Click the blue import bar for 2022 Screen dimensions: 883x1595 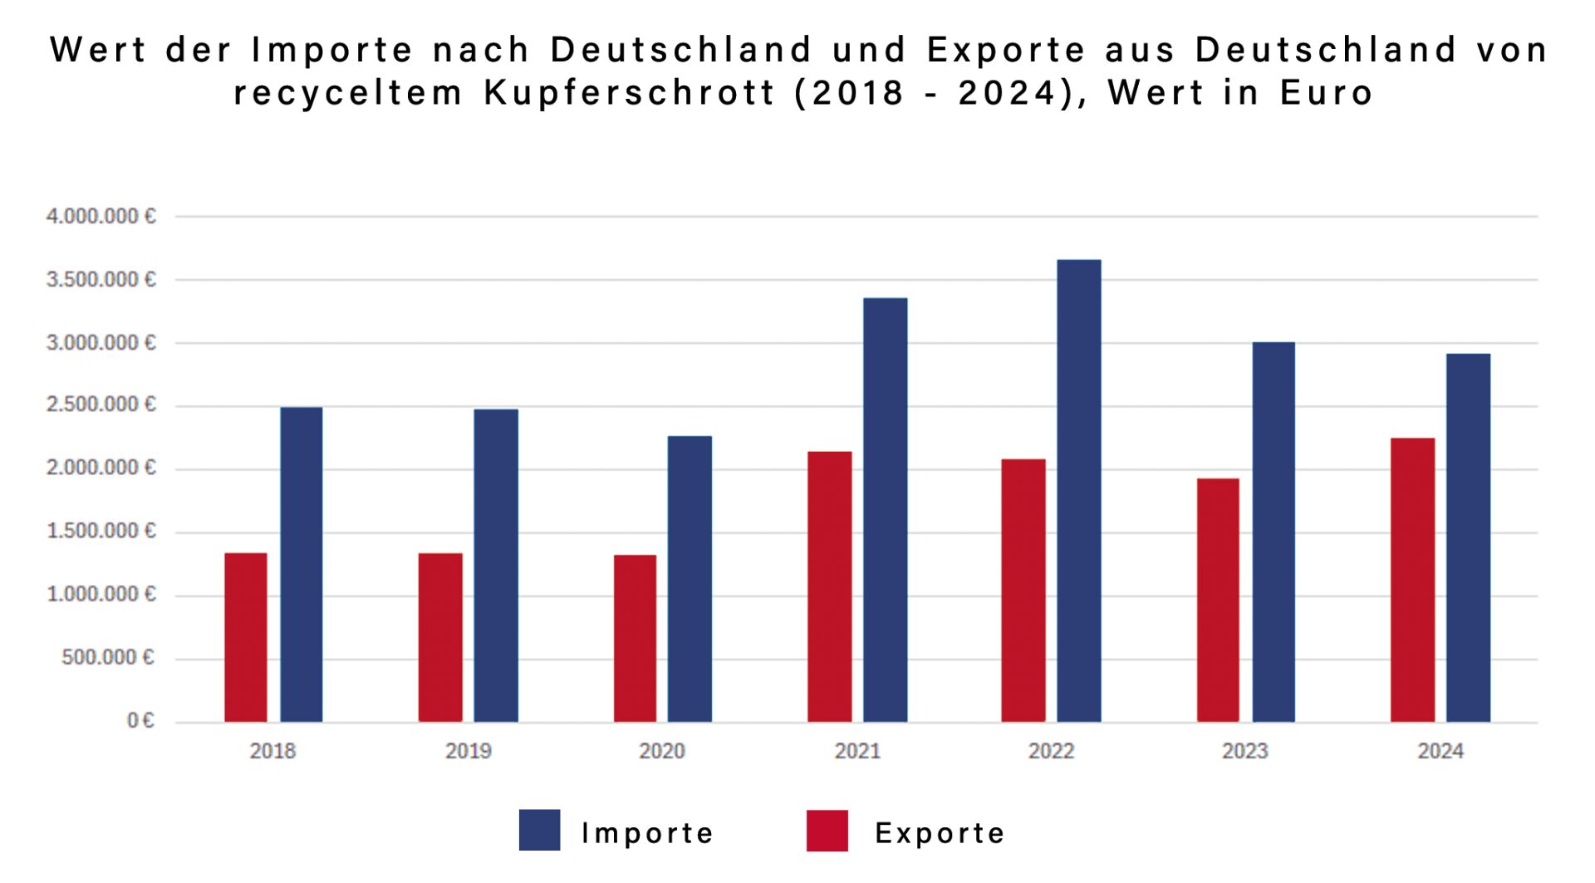[1078, 490]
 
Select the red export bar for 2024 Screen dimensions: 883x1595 [1412, 580]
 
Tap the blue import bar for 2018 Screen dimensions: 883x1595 [301, 564]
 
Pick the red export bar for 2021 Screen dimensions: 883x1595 [829, 586]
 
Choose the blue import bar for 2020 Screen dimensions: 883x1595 [690, 578]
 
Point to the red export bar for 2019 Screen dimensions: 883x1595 [440, 637]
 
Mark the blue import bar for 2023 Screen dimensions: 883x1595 [1274, 532]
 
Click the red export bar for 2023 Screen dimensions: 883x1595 [1218, 600]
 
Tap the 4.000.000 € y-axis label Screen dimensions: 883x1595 [101, 217]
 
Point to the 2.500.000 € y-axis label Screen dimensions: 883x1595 [101, 405]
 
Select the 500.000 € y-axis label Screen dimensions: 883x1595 [108, 658]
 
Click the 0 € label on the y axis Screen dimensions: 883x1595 [140, 720]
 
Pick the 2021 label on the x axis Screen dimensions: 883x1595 [857, 751]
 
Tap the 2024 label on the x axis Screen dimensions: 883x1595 [1440, 751]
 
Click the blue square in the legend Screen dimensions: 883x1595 [539, 830]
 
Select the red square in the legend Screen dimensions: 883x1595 [827, 830]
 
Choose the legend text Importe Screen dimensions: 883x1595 [647, 833]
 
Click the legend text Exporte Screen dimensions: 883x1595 [940, 833]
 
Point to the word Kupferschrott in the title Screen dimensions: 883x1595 [630, 92]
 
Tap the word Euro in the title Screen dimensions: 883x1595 [1326, 92]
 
